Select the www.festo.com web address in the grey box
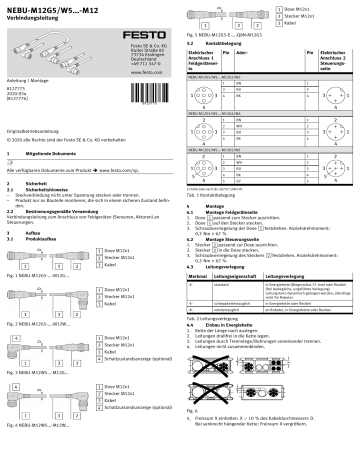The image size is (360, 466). coord(145,72)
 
